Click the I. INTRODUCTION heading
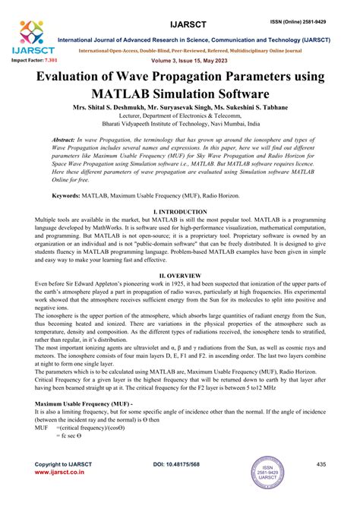[180, 211]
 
